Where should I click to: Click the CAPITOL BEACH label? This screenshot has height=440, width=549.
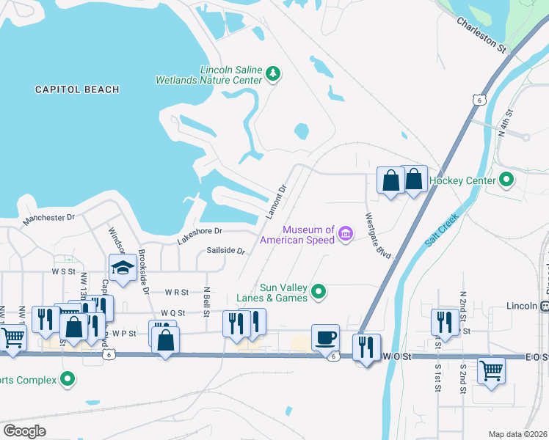[77, 89]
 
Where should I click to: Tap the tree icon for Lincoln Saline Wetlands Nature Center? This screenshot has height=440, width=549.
[273, 73]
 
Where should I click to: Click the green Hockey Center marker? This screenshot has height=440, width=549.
[506, 180]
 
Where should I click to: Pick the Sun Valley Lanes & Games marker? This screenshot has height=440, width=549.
[318, 293]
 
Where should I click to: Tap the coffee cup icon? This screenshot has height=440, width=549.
[325, 337]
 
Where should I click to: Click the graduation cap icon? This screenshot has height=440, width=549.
[123, 268]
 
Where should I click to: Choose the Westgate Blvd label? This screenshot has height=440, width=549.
[379, 235]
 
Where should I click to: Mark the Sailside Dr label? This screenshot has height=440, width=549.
[225, 250]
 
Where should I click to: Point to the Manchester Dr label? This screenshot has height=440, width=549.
[49, 218]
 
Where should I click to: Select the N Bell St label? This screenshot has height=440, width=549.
[207, 297]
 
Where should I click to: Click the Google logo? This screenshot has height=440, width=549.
[25, 430]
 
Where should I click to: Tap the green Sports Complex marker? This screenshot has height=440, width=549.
[68, 379]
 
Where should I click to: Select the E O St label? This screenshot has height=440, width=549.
[537, 356]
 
